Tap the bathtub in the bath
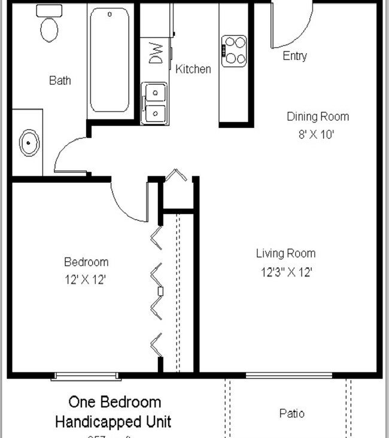(x=109, y=60)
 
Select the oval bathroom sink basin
(x=28, y=143)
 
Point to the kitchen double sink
(x=154, y=103)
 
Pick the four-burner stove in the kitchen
(x=234, y=51)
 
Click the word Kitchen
(x=193, y=69)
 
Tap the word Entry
(x=294, y=56)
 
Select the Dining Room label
(x=317, y=117)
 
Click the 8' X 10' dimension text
(x=317, y=134)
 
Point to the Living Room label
(x=285, y=253)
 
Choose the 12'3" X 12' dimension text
(x=285, y=272)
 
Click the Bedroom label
(x=86, y=262)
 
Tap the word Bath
(x=60, y=80)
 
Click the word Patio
(x=291, y=413)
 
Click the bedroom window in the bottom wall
(x=84, y=376)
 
